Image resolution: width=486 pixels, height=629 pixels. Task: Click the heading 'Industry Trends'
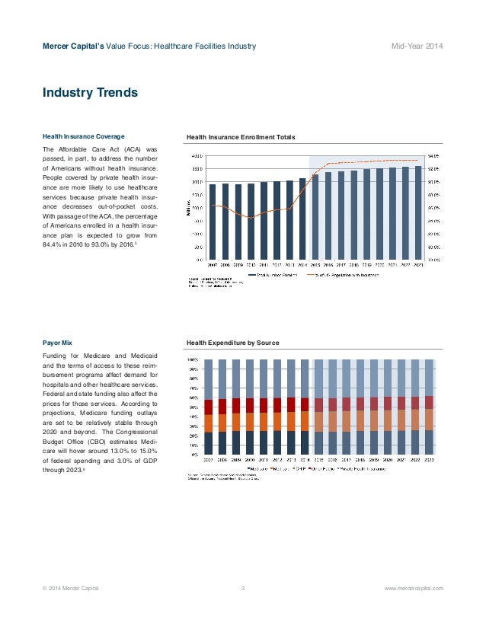(90, 93)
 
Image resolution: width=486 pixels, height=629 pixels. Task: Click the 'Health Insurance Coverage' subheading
(84, 136)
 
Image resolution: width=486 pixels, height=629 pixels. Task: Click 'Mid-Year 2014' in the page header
(417, 47)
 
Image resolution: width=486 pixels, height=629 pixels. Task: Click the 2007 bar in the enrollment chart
(213, 221)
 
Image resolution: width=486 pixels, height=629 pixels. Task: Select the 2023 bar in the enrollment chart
(417, 212)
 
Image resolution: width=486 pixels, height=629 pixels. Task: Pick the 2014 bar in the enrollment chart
(302, 219)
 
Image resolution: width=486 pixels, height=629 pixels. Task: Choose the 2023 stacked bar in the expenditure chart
(428, 406)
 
